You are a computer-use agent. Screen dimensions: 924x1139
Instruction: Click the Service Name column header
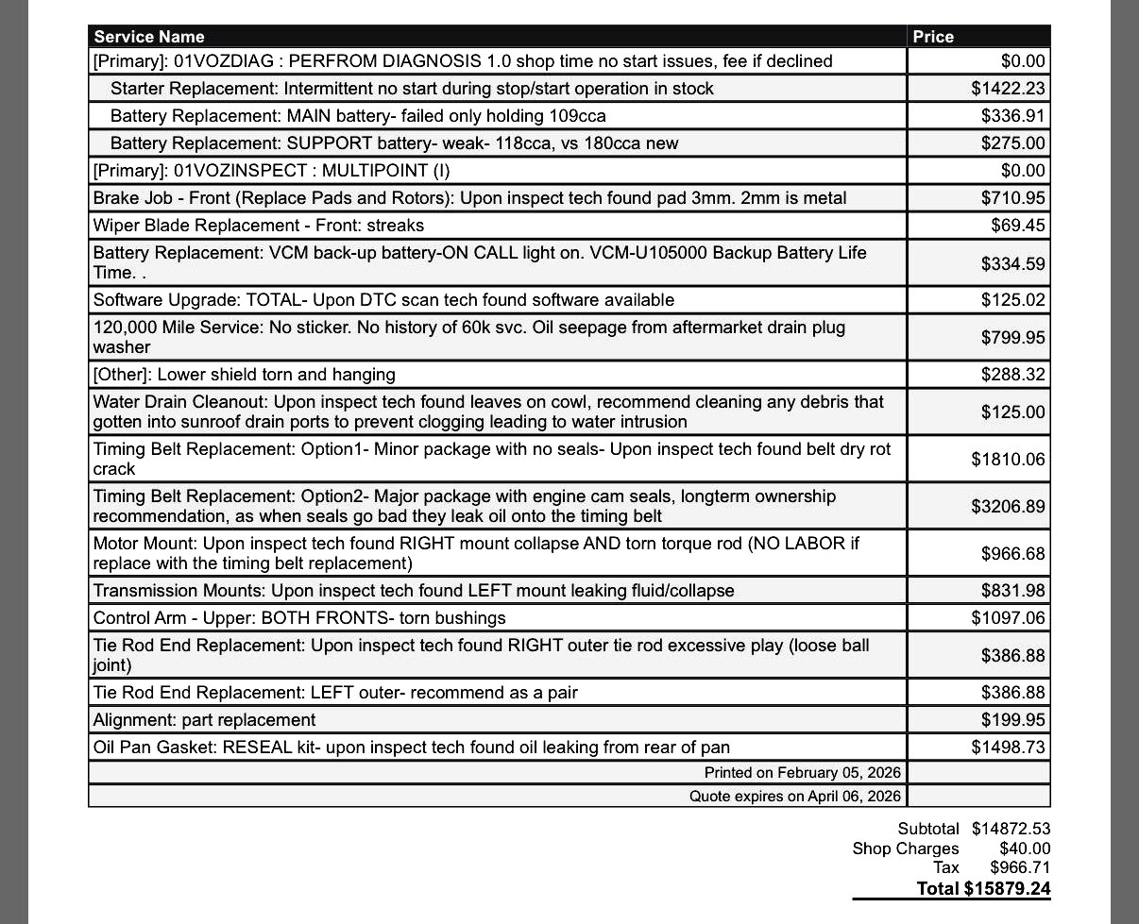pyautogui.click(x=149, y=37)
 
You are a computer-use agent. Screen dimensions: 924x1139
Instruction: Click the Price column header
pyautogui.click(x=933, y=37)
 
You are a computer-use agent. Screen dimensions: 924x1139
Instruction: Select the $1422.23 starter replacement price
pyautogui.click(x=1008, y=89)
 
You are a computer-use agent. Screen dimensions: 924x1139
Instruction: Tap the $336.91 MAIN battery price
pyautogui.click(x=1012, y=116)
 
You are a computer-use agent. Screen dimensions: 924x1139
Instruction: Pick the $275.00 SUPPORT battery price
pyautogui.click(x=1012, y=143)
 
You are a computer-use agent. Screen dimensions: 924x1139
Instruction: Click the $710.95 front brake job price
pyautogui.click(x=1012, y=198)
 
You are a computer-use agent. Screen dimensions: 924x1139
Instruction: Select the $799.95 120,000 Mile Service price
pyautogui.click(x=1012, y=338)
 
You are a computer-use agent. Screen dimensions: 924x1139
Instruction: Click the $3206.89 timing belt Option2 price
pyautogui.click(x=1008, y=507)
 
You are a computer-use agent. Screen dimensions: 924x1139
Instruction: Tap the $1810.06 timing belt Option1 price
pyautogui.click(x=1008, y=460)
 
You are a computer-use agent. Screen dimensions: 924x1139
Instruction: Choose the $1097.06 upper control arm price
pyautogui.click(x=1008, y=618)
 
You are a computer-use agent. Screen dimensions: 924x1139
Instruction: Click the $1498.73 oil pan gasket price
pyautogui.click(x=1008, y=748)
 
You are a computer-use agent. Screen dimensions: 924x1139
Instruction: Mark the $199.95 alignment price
pyautogui.click(x=1012, y=720)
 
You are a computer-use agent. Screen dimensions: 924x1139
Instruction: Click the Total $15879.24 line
pyautogui.click(x=982, y=888)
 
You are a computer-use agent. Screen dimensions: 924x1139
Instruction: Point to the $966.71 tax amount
pyautogui.click(x=1019, y=867)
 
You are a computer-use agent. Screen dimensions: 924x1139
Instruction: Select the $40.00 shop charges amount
pyautogui.click(x=1024, y=848)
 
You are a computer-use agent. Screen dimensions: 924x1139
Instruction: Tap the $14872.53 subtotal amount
pyautogui.click(x=1011, y=829)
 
